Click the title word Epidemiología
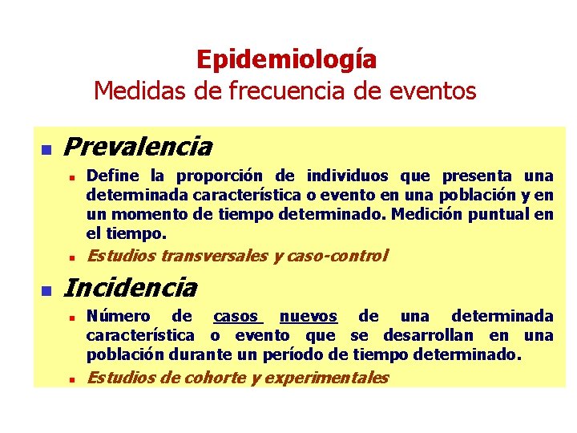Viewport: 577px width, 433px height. pyautogui.click(x=286, y=59)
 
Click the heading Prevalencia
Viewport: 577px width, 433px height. pyautogui.click(x=137, y=147)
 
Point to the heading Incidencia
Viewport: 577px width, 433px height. pyautogui.click(x=130, y=286)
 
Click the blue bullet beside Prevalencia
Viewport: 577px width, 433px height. pyautogui.click(x=46, y=149)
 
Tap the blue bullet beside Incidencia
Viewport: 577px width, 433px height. pyautogui.click(x=46, y=289)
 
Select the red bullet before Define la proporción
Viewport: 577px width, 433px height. pyautogui.click(x=71, y=176)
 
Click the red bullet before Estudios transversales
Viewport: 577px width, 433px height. pyautogui.click(x=71, y=258)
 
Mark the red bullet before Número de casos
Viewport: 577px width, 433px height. pyautogui.click(x=71, y=318)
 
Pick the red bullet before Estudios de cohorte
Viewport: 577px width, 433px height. pyautogui.click(x=71, y=379)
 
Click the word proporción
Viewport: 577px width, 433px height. pyautogui.click(x=221, y=176)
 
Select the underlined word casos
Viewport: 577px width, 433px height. pyautogui.click(x=236, y=317)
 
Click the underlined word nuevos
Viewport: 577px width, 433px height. pyautogui.click(x=309, y=317)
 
